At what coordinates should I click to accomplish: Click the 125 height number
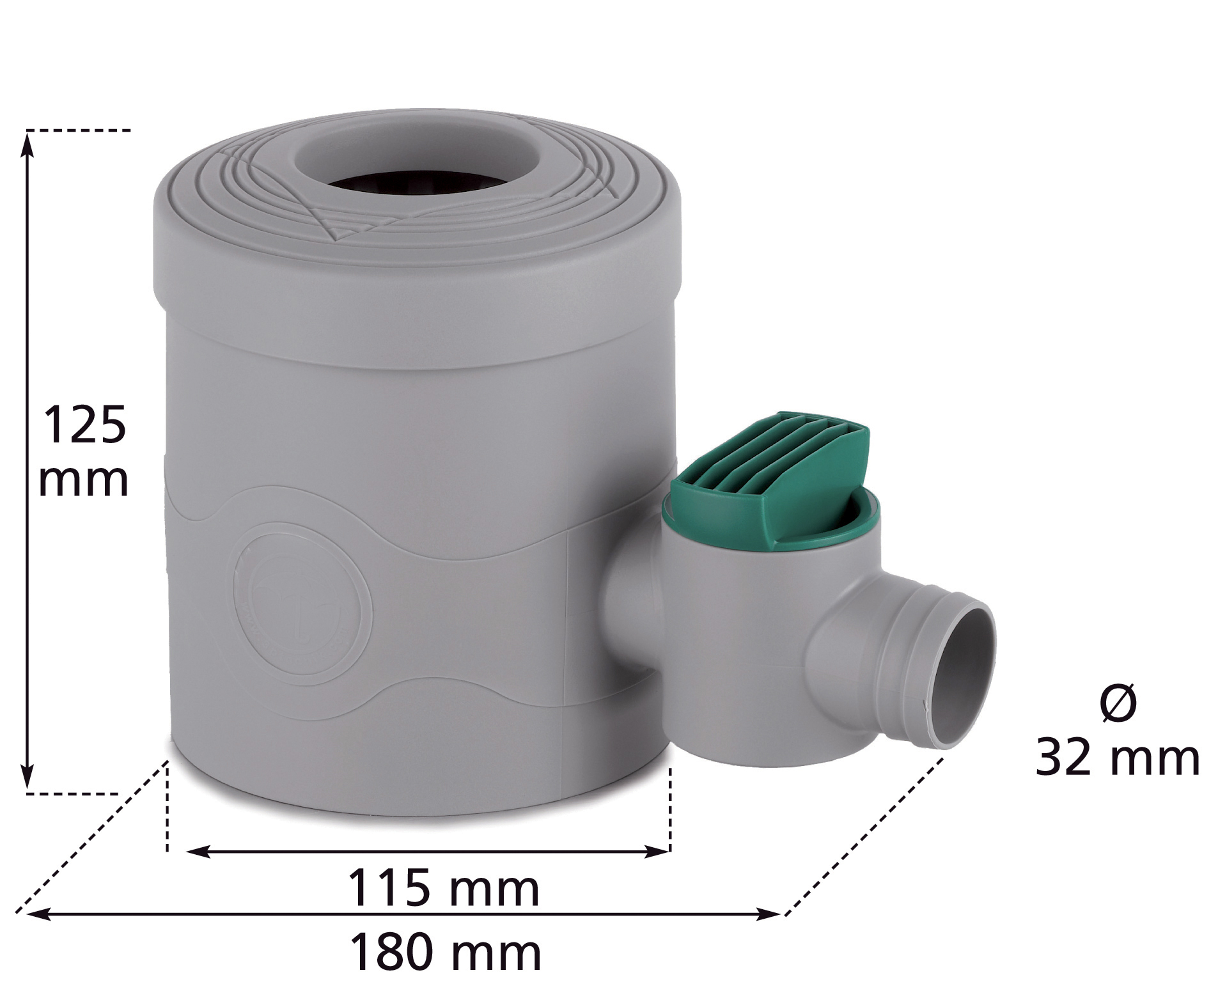click(84, 425)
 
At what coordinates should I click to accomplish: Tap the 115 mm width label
click(443, 889)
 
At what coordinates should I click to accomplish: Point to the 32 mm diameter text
click(1117, 758)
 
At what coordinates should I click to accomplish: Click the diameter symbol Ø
click(1119, 703)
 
